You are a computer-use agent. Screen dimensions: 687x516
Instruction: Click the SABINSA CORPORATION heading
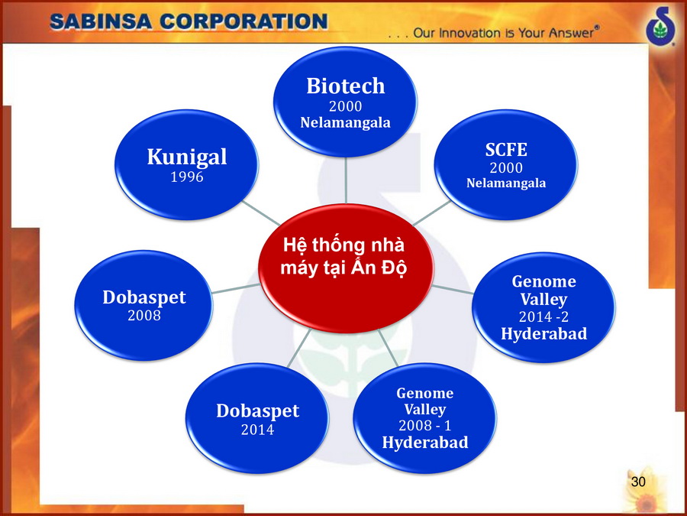189,21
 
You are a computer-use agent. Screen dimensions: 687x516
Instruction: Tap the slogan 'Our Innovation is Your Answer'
505,33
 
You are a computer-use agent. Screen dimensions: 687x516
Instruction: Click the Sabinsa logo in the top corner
661,26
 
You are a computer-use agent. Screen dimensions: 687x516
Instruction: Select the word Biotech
345,86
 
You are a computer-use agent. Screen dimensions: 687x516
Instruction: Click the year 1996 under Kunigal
187,177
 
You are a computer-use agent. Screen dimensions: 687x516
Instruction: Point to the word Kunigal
187,157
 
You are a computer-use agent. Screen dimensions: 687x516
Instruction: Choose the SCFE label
506,150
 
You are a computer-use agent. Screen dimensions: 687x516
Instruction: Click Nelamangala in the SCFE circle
506,183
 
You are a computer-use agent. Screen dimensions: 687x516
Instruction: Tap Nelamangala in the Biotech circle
345,122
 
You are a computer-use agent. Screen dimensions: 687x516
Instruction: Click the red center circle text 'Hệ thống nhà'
344,245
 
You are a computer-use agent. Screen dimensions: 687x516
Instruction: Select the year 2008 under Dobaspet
144,315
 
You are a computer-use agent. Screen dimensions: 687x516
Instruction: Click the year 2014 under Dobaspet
258,429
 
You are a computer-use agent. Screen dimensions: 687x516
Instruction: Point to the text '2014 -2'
543,316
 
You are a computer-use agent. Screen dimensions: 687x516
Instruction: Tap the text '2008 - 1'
424,425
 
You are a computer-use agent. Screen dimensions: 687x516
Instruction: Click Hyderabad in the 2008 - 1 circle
425,442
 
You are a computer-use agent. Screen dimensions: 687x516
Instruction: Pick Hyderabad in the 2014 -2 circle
543,333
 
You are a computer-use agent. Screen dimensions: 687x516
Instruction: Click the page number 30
638,482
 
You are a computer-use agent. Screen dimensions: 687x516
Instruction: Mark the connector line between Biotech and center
346,180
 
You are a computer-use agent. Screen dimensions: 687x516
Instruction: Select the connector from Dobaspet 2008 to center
236,288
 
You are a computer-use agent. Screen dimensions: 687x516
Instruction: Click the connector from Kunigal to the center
261,213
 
